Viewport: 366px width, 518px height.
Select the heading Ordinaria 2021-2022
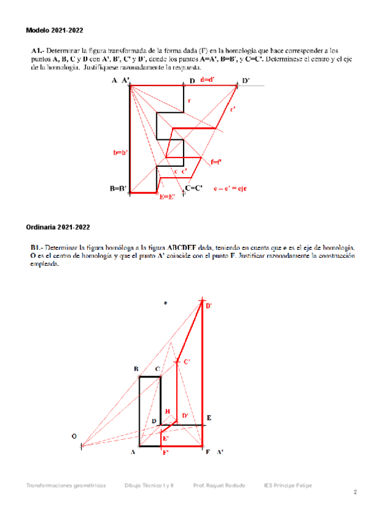tap(58, 227)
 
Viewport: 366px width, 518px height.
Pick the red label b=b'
tap(120, 152)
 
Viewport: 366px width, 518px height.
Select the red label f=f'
tap(216, 162)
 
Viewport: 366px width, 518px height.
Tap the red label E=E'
tap(167, 197)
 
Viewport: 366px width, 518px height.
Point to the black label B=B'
tap(118, 189)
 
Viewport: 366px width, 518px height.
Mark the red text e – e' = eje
tap(229, 189)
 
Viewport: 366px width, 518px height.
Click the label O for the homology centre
tap(74, 436)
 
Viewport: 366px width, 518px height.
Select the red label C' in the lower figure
tap(187, 362)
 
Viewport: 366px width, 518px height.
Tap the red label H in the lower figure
tap(168, 412)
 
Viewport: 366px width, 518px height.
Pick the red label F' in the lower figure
tap(165, 452)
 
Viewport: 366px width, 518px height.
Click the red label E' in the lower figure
tap(165, 439)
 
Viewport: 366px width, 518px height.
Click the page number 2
tap(354, 492)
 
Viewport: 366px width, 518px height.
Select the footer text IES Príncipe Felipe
tap(288, 485)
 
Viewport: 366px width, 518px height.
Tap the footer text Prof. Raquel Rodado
tap(219, 485)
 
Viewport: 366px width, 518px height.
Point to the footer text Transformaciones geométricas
tap(66, 485)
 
